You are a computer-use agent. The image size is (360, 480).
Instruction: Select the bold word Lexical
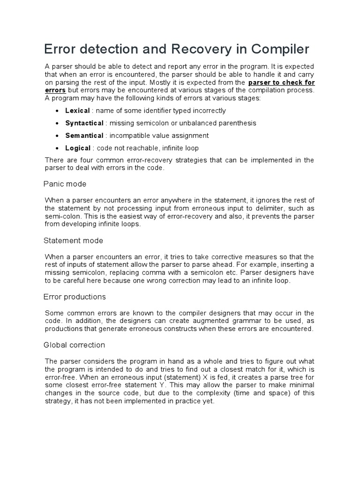[x=77, y=111]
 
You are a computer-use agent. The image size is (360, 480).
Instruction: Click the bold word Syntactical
[x=84, y=123]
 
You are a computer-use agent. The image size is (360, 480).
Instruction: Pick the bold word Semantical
[x=84, y=135]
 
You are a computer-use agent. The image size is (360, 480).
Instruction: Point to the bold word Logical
[x=78, y=148]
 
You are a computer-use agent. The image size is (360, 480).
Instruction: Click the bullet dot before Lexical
[x=57, y=111]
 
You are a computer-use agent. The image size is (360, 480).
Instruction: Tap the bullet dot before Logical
[x=57, y=149]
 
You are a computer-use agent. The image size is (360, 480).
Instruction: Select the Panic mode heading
[x=65, y=184]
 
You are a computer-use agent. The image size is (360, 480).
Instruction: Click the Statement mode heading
[x=73, y=240]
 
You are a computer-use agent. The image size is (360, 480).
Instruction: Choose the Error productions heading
[x=75, y=297]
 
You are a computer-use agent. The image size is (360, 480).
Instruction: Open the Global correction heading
[x=74, y=345]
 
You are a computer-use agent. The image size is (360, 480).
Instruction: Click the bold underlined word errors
[x=55, y=90]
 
